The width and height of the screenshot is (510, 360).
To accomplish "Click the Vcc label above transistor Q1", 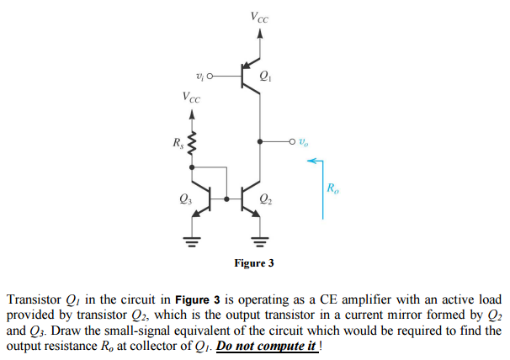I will click(x=260, y=16).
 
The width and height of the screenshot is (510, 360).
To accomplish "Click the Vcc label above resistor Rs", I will click(x=192, y=97).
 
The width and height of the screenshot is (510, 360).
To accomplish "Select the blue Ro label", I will click(x=334, y=187).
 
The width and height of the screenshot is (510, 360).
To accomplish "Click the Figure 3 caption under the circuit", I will click(x=254, y=263).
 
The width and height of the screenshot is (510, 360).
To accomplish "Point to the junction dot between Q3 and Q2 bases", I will click(x=226, y=199).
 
